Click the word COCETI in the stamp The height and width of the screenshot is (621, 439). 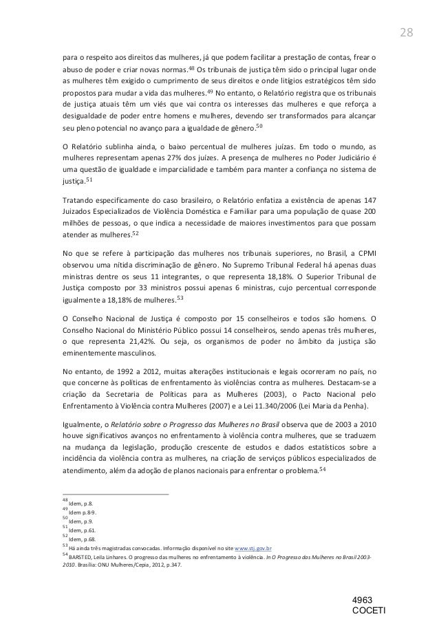[x=370, y=611]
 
